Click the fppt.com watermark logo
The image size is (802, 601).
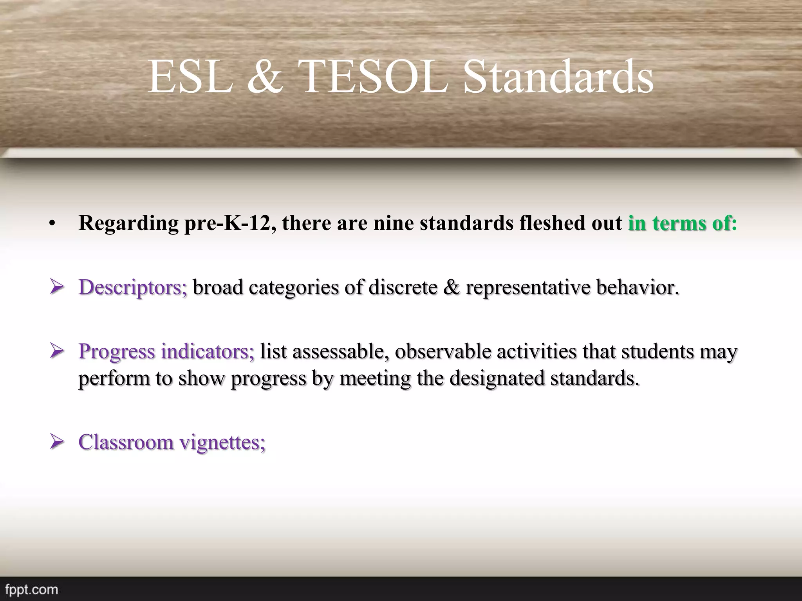pos(29,589)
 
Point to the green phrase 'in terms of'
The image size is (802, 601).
pos(679,223)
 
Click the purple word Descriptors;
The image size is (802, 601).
pos(133,288)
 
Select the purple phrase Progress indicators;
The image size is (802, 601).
pos(166,351)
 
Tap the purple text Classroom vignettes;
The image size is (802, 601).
pos(172,442)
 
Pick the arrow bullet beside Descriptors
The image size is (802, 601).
pos(57,288)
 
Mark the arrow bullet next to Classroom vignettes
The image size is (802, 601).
pos(57,443)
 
